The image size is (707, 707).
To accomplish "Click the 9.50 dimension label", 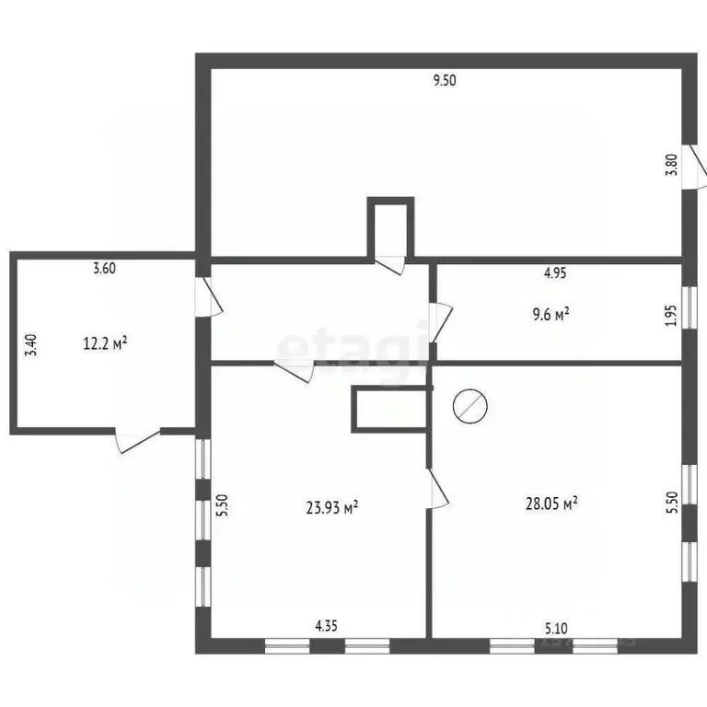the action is (445, 81).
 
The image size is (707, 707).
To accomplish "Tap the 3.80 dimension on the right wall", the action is (672, 165).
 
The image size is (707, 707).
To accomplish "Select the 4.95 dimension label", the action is (554, 272).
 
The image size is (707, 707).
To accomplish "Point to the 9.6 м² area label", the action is (551, 314).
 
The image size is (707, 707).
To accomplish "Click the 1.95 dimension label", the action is (672, 316).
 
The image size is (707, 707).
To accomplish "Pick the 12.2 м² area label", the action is (105, 343).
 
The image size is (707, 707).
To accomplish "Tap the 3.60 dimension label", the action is (104, 268).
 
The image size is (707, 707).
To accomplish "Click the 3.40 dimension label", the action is (31, 345).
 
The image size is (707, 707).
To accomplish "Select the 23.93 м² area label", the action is (332, 508).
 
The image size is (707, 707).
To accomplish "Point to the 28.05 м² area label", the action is (552, 504).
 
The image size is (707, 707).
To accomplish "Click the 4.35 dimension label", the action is (326, 626).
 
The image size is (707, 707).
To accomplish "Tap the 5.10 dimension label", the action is (556, 628).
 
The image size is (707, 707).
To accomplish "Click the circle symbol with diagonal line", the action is (470, 406).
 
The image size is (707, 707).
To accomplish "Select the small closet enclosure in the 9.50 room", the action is (390, 227).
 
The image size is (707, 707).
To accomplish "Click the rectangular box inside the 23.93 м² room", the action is (390, 410).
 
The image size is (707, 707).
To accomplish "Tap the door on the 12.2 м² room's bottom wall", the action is (138, 441).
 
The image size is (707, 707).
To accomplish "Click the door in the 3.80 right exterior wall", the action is (694, 167).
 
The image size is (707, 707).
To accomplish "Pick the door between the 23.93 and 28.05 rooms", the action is (437, 489).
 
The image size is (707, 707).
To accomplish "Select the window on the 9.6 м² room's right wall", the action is (689, 307).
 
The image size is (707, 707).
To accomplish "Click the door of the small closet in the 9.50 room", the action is (390, 265).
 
